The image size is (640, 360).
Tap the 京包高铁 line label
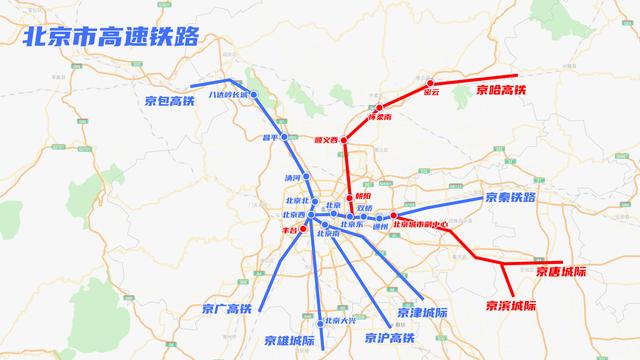[167, 100]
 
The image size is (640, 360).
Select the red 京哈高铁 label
[500, 90]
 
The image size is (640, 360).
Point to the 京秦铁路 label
[511, 198]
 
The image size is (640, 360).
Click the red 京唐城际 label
[560, 271]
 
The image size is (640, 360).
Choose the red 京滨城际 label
[511, 305]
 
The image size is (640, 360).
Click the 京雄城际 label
[289, 340]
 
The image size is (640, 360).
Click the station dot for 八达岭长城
[254, 95]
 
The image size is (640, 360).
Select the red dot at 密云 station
[430, 83]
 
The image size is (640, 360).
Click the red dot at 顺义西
[343, 140]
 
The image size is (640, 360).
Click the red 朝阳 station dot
[349, 197]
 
